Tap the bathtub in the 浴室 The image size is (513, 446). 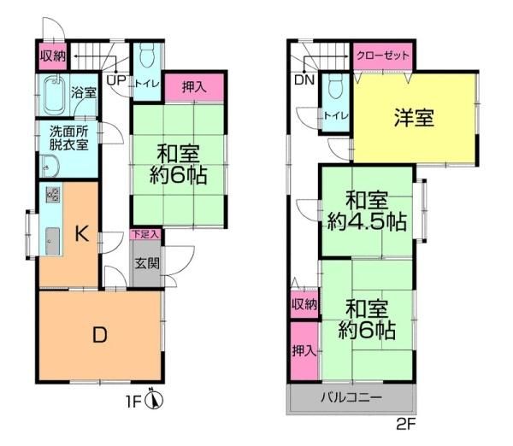click(54, 95)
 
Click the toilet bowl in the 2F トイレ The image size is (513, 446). click(335, 86)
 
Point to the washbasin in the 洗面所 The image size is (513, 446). click(49, 166)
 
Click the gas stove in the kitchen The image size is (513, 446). click(52, 194)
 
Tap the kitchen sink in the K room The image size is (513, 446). click(52, 241)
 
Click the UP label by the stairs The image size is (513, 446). click(116, 80)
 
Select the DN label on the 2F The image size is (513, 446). click(304, 79)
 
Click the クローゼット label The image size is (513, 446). click(383, 55)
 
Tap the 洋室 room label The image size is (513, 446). click(414, 118)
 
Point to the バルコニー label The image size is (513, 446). click(351, 397)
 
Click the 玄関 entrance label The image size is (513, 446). click(147, 263)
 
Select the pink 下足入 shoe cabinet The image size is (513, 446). click(145, 234)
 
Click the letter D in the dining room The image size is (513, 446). click(100, 335)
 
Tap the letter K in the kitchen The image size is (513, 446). click(81, 233)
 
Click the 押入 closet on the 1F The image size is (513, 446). click(194, 88)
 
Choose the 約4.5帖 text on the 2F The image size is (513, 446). click(367, 222)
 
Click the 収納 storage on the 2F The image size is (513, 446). click(304, 304)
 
